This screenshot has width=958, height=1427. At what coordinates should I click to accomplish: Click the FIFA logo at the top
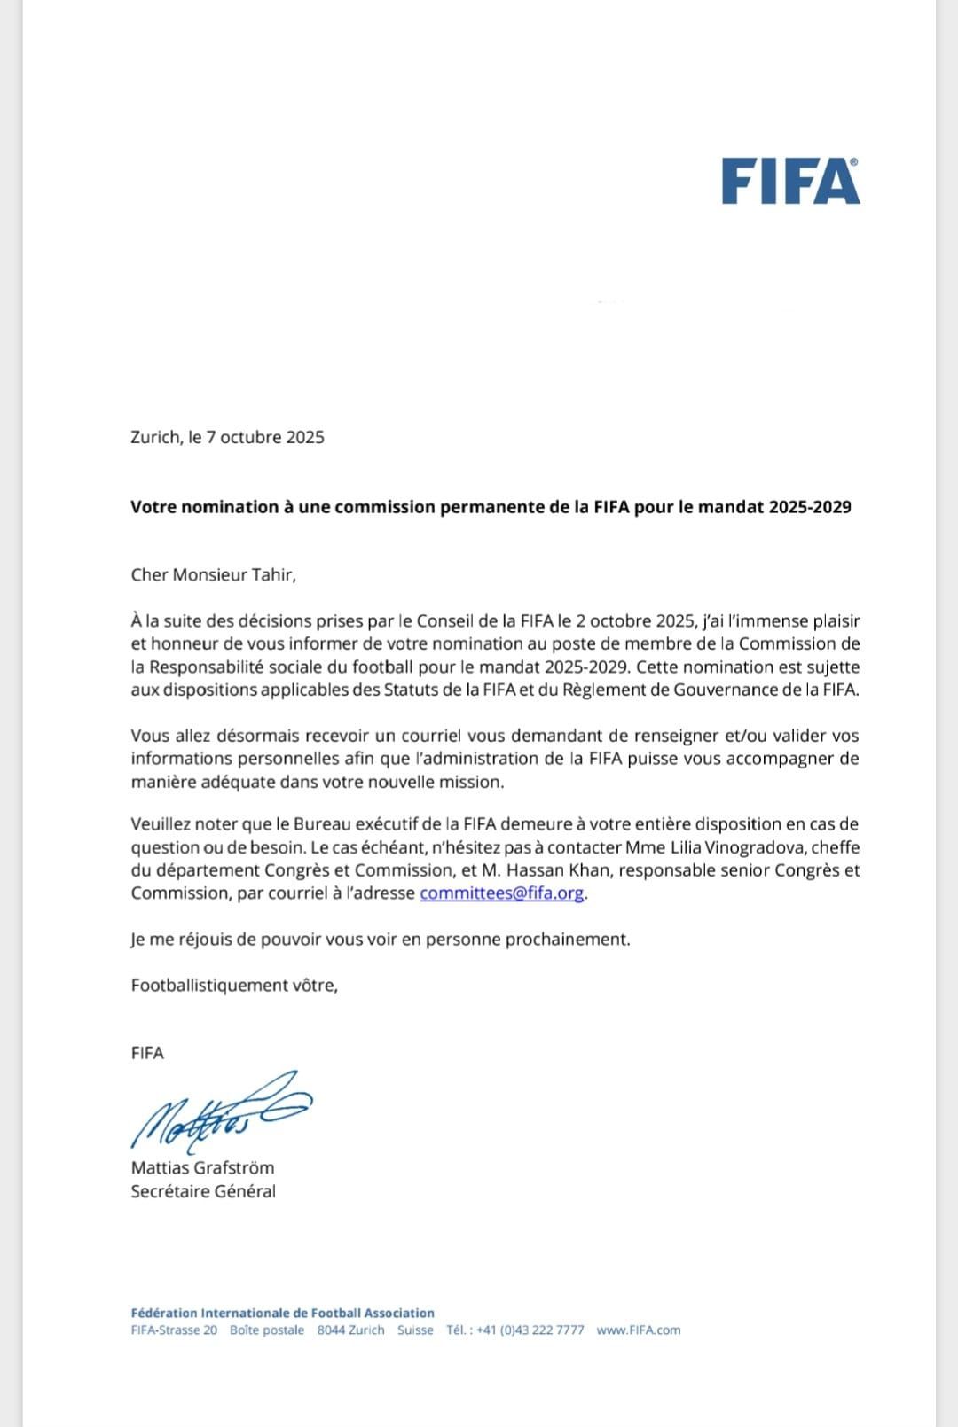(x=790, y=182)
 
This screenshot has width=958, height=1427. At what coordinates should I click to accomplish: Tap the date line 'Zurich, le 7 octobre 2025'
(x=227, y=437)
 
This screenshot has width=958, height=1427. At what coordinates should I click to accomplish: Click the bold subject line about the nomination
(x=491, y=507)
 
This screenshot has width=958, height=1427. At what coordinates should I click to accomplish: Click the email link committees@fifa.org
(x=502, y=893)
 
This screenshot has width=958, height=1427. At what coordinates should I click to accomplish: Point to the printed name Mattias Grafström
(x=202, y=1167)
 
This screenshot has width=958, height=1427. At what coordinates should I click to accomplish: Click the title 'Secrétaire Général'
(x=203, y=1191)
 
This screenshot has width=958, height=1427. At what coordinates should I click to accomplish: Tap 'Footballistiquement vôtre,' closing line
(x=234, y=985)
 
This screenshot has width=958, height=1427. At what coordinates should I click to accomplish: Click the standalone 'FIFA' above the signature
(x=147, y=1053)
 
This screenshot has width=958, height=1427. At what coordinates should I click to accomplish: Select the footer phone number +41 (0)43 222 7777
(x=530, y=1330)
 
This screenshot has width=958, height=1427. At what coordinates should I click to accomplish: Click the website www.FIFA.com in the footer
(x=639, y=1330)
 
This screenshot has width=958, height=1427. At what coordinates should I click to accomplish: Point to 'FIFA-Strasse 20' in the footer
(x=174, y=1330)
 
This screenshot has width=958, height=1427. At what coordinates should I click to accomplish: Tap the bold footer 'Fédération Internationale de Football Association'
(x=282, y=1313)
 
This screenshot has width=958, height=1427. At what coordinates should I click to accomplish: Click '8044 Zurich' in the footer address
(x=351, y=1330)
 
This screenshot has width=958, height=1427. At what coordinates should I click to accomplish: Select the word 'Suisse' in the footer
(x=415, y=1330)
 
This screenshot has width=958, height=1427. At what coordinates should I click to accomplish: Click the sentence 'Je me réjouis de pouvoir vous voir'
(x=381, y=939)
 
